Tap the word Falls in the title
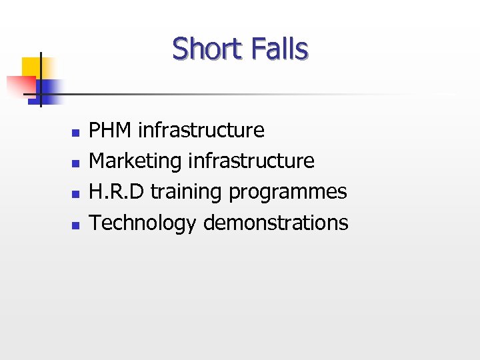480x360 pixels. pos(280,49)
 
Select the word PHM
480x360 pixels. pos(111,130)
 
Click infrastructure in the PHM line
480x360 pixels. pos(201,130)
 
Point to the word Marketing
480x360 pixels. pos(136,161)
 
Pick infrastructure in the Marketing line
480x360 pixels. pos(251,161)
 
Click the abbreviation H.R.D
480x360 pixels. pos(117,192)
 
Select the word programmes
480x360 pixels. pos(288,193)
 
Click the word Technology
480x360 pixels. pos(143,223)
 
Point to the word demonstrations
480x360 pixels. pos(275,223)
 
